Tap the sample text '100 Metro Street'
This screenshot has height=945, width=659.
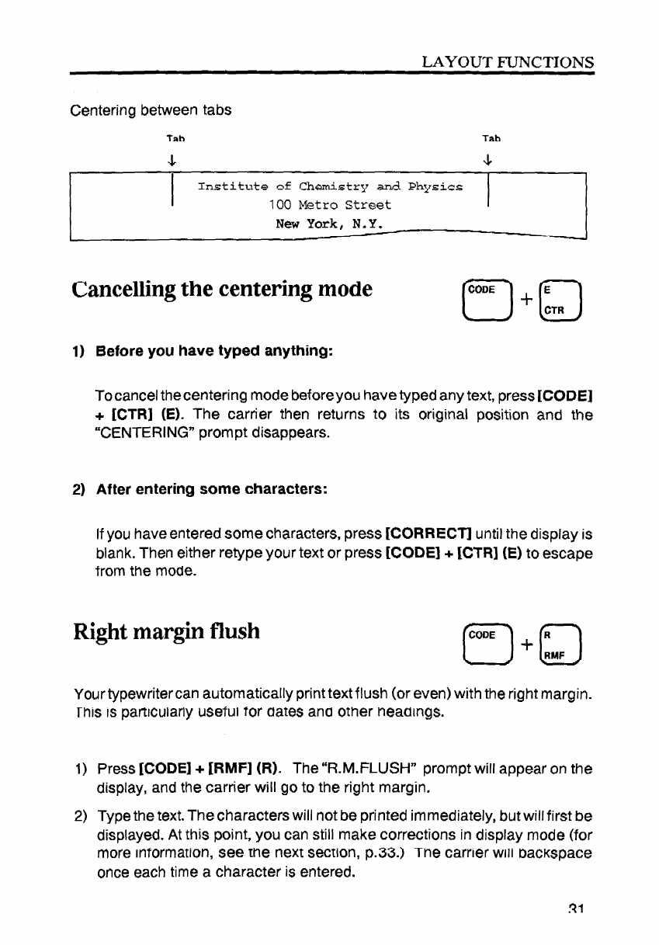point(330,206)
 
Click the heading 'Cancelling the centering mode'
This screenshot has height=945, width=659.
point(221,290)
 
